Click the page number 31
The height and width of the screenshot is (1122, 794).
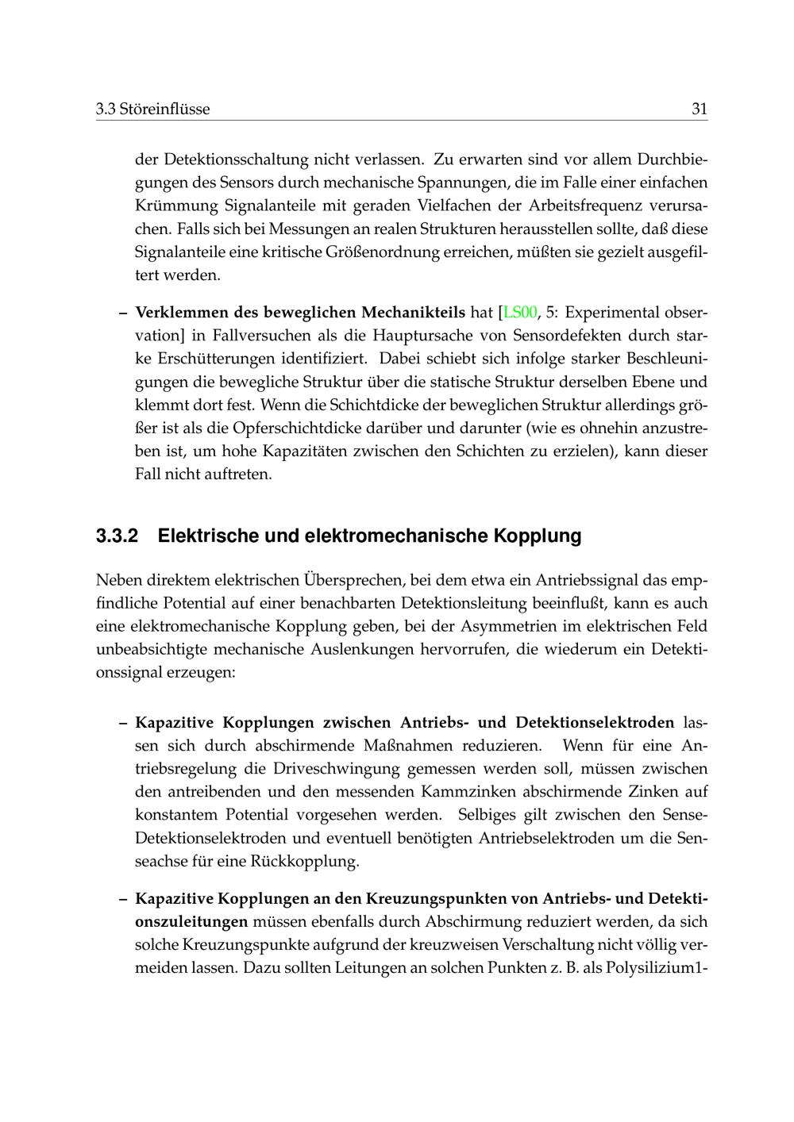(699, 109)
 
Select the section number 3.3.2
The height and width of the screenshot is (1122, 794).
(117, 536)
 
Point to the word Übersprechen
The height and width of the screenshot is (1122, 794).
(354, 581)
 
